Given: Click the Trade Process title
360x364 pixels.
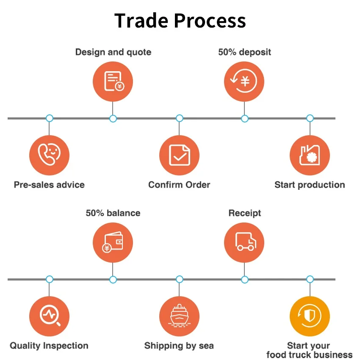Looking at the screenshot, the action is point(180,21).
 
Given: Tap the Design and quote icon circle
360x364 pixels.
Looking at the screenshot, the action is point(113,81).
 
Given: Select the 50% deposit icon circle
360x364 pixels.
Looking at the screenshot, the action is point(244,81).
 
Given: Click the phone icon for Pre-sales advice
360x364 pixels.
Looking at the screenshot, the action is point(49,155).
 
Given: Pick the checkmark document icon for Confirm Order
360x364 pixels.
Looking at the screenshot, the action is point(179,155).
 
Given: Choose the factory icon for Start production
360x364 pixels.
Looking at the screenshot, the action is point(310,155).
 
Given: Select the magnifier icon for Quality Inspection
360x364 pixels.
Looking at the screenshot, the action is point(49,316).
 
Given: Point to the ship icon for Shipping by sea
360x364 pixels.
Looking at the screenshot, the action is point(179,316).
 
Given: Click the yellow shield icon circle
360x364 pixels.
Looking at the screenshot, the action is point(310,316).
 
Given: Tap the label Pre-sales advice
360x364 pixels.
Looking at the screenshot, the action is point(49,185).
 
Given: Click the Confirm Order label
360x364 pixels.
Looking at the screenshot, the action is point(179,185).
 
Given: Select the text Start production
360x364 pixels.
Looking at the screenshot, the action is point(310,185).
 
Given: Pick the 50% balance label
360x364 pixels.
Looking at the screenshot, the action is point(113,213).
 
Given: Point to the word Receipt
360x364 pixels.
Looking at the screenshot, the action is point(245,213).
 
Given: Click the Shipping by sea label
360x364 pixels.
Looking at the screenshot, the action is point(179,346).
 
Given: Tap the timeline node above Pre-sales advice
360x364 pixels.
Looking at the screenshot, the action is point(50,118).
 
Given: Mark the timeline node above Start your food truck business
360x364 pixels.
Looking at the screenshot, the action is point(310,279).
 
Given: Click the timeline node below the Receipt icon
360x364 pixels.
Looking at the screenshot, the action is point(244,280).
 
